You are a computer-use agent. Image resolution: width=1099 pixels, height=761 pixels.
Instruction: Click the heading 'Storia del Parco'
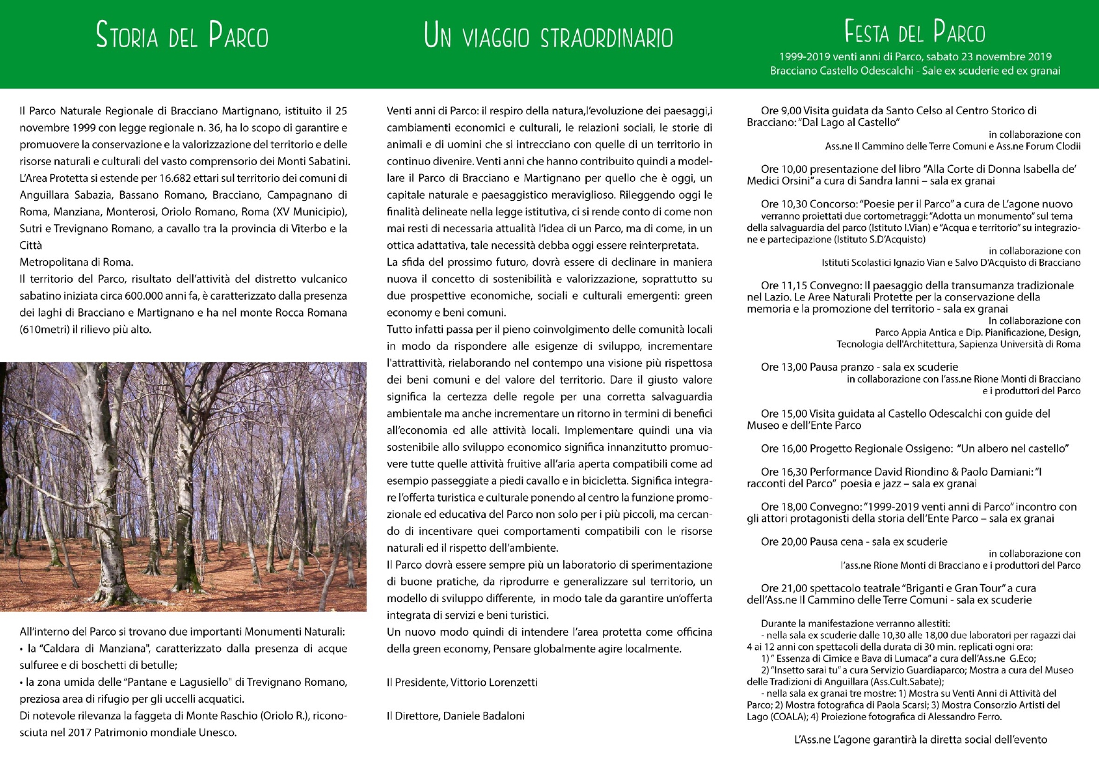(182, 35)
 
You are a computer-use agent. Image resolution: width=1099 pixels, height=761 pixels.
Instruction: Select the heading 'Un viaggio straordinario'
(548, 36)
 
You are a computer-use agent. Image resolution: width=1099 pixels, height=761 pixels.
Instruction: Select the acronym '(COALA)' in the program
(790, 717)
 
